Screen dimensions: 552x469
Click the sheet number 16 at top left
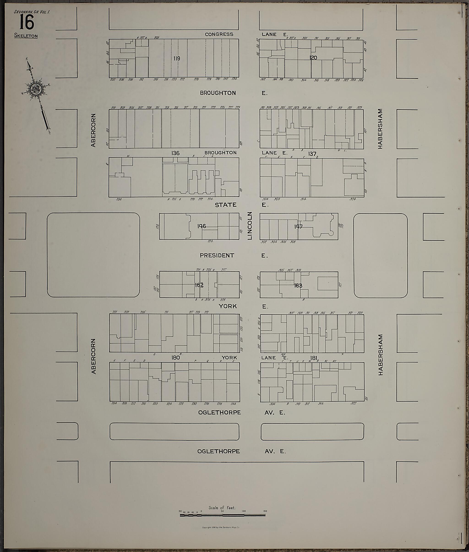coord(27,22)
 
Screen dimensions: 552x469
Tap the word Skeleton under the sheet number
coord(26,36)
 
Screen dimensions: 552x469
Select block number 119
coord(177,58)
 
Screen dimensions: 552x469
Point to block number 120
coord(314,58)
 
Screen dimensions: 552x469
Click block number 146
coord(202,226)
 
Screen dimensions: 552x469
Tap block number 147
coord(298,226)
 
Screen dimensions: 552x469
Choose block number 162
coord(199,285)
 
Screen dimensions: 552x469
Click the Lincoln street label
coord(249,226)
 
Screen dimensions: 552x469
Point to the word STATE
coord(226,205)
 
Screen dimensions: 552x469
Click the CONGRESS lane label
coord(219,34)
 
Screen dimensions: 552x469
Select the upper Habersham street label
coord(380,129)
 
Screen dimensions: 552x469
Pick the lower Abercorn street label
coord(93,356)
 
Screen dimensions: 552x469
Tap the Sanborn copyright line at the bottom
coord(221,527)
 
